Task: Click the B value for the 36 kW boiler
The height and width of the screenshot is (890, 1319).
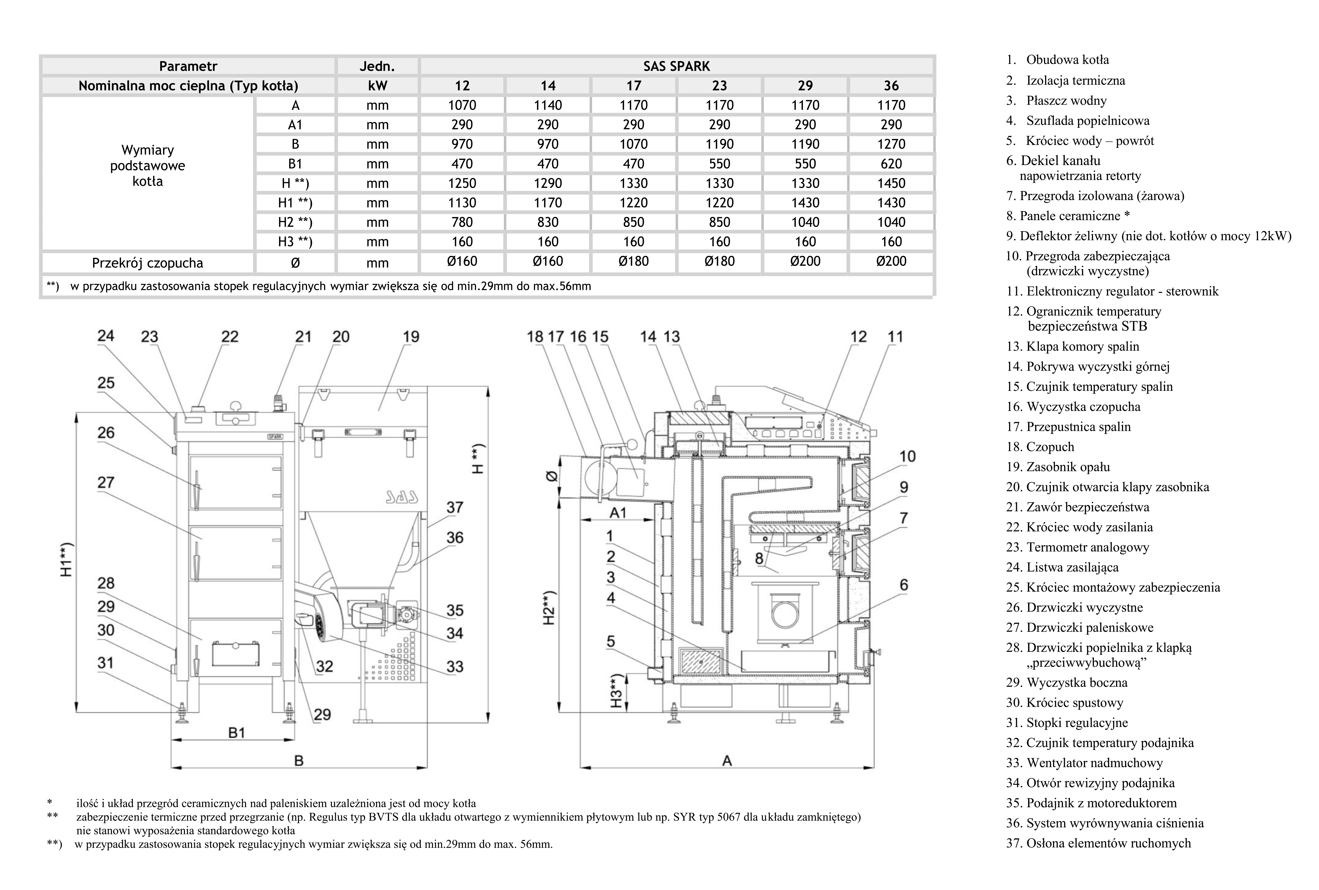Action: click(891, 144)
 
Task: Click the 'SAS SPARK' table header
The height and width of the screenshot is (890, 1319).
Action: click(676, 66)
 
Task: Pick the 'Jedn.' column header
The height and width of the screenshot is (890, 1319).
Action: click(377, 66)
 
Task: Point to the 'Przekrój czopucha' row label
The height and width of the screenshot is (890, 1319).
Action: click(147, 263)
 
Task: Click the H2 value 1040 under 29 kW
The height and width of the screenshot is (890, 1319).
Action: click(805, 222)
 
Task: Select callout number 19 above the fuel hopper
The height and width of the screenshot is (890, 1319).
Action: click(411, 337)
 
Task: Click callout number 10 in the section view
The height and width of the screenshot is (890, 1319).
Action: click(907, 456)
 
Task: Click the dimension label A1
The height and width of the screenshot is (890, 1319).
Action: click(618, 513)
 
